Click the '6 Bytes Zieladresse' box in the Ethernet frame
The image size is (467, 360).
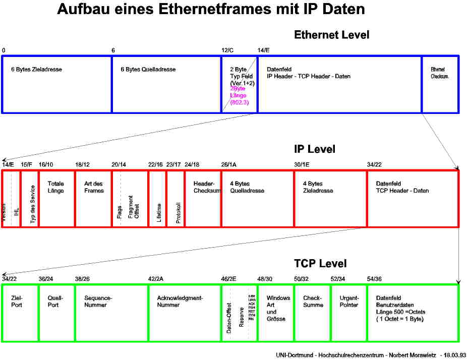pos(56,84)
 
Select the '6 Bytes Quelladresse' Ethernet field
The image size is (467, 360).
pos(166,84)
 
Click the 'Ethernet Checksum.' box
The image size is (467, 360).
pos(440,84)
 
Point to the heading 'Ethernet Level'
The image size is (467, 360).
pos(331,35)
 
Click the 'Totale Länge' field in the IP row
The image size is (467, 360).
pos(56,199)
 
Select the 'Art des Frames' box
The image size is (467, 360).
pos(93,199)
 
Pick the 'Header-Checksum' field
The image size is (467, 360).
pos(203,199)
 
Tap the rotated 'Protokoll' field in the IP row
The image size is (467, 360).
pos(176,199)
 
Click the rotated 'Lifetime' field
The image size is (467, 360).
pos(157,199)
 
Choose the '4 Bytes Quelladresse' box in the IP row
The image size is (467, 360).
pos(257,199)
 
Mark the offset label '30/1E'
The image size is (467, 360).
pos(302,165)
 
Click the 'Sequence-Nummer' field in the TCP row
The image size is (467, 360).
pos(111,313)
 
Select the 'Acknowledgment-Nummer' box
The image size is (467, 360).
pos(184,313)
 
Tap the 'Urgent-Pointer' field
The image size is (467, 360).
pos(349,313)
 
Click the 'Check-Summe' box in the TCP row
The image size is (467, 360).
pos(312,313)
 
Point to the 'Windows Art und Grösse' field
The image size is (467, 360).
pos(276,313)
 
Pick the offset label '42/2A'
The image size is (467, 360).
pos(155,279)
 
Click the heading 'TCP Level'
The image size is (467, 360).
pos(320,264)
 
